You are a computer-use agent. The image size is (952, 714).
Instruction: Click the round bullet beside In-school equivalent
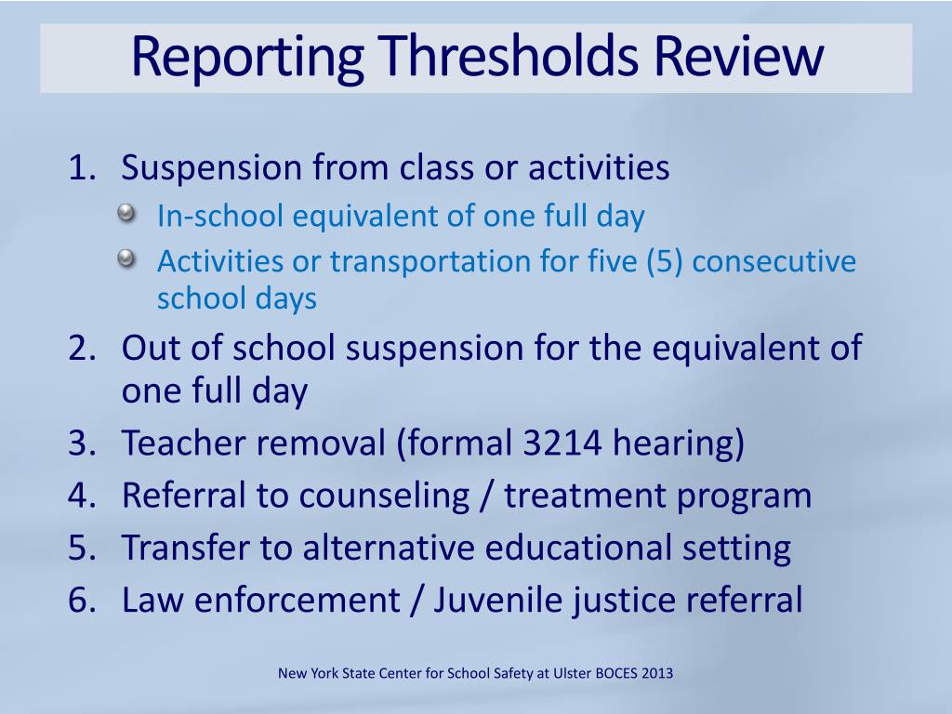pyautogui.click(x=126, y=215)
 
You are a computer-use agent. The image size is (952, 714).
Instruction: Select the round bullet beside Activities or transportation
pyautogui.click(x=126, y=259)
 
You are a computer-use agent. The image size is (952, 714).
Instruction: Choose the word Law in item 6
pyautogui.click(x=152, y=600)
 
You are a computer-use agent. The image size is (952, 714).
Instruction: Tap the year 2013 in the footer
pyautogui.click(x=657, y=672)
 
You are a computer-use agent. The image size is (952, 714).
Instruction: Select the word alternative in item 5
pyautogui.click(x=391, y=548)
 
